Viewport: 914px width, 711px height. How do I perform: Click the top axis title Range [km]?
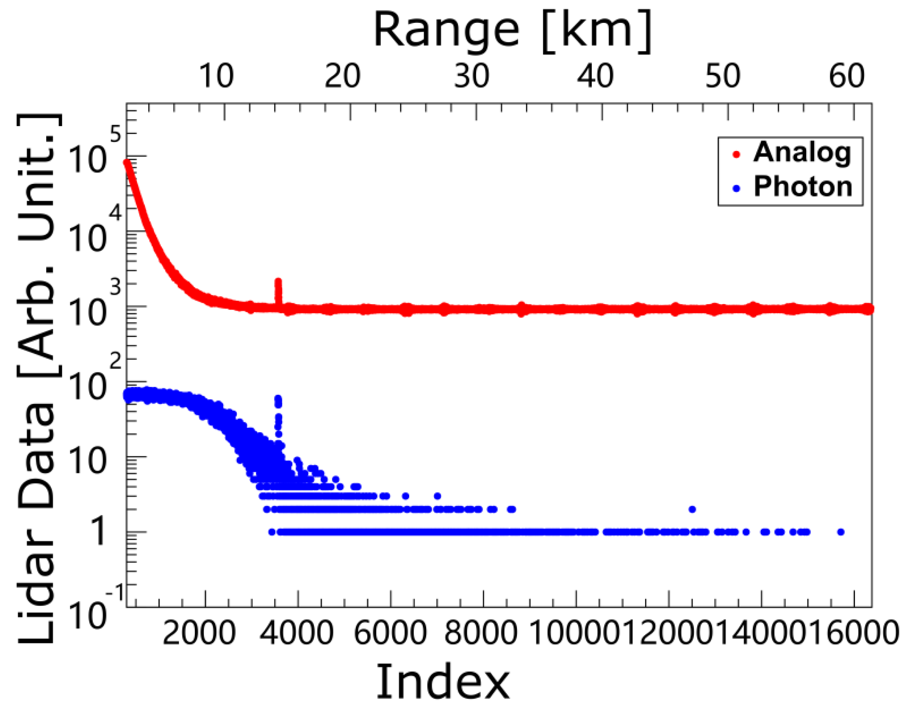point(512,32)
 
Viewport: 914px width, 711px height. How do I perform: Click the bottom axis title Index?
point(443,681)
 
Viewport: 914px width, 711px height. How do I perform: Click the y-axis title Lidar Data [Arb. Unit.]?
point(37,379)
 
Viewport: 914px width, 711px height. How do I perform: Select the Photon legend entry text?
point(803,187)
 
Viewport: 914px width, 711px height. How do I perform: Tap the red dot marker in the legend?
point(737,155)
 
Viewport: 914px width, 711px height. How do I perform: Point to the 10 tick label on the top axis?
point(216,77)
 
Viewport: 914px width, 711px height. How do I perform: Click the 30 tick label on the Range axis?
point(471,77)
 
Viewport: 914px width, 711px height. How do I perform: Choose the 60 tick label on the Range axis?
point(846,77)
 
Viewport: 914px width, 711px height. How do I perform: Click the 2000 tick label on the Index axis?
point(199,632)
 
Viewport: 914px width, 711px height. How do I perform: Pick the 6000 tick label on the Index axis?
point(390,632)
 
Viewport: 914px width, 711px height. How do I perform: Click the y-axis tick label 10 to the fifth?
point(92,155)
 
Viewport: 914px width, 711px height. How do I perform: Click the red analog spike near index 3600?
point(278,289)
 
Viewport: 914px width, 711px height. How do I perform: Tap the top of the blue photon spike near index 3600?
point(278,399)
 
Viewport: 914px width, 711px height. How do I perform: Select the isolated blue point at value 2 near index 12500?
point(692,509)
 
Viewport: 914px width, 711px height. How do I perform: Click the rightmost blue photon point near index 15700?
point(841,532)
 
